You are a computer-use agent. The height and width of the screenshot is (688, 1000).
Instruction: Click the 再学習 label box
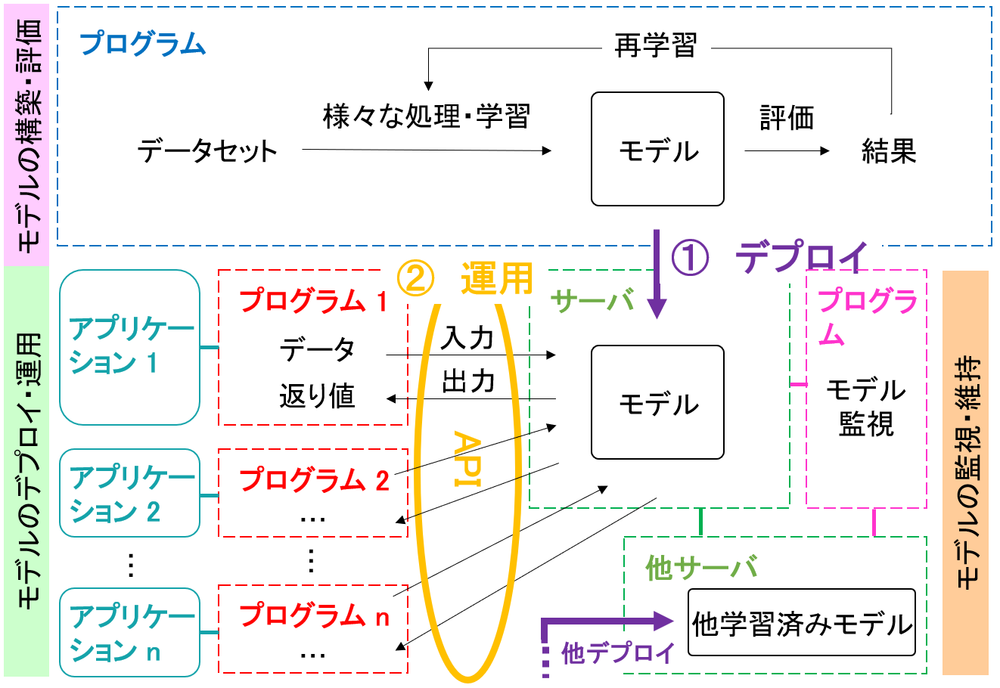(x=656, y=43)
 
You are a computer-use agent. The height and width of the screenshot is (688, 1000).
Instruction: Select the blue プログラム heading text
(x=143, y=43)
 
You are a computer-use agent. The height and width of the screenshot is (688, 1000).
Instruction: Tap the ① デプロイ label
(x=770, y=257)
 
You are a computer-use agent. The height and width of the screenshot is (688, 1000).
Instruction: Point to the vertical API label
(x=470, y=458)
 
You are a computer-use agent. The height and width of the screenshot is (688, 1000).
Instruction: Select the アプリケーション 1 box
(x=129, y=347)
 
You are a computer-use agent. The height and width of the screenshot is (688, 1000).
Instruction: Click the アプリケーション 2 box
(x=129, y=494)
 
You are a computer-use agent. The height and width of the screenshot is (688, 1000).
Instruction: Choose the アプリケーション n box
(x=129, y=632)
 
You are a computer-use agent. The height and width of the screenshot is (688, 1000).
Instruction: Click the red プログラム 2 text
(x=314, y=480)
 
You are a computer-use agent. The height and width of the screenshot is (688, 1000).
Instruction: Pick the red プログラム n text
(x=314, y=615)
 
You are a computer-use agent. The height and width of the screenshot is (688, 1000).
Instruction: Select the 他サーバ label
(x=701, y=567)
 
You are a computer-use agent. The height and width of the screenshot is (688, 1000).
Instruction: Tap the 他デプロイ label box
(x=618, y=652)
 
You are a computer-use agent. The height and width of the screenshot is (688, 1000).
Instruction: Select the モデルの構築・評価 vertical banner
(x=27, y=135)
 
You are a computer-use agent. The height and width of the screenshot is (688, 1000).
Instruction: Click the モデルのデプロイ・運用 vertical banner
(x=27, y=470)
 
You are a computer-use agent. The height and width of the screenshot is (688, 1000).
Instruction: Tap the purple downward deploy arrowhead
(x=657, y=308)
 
